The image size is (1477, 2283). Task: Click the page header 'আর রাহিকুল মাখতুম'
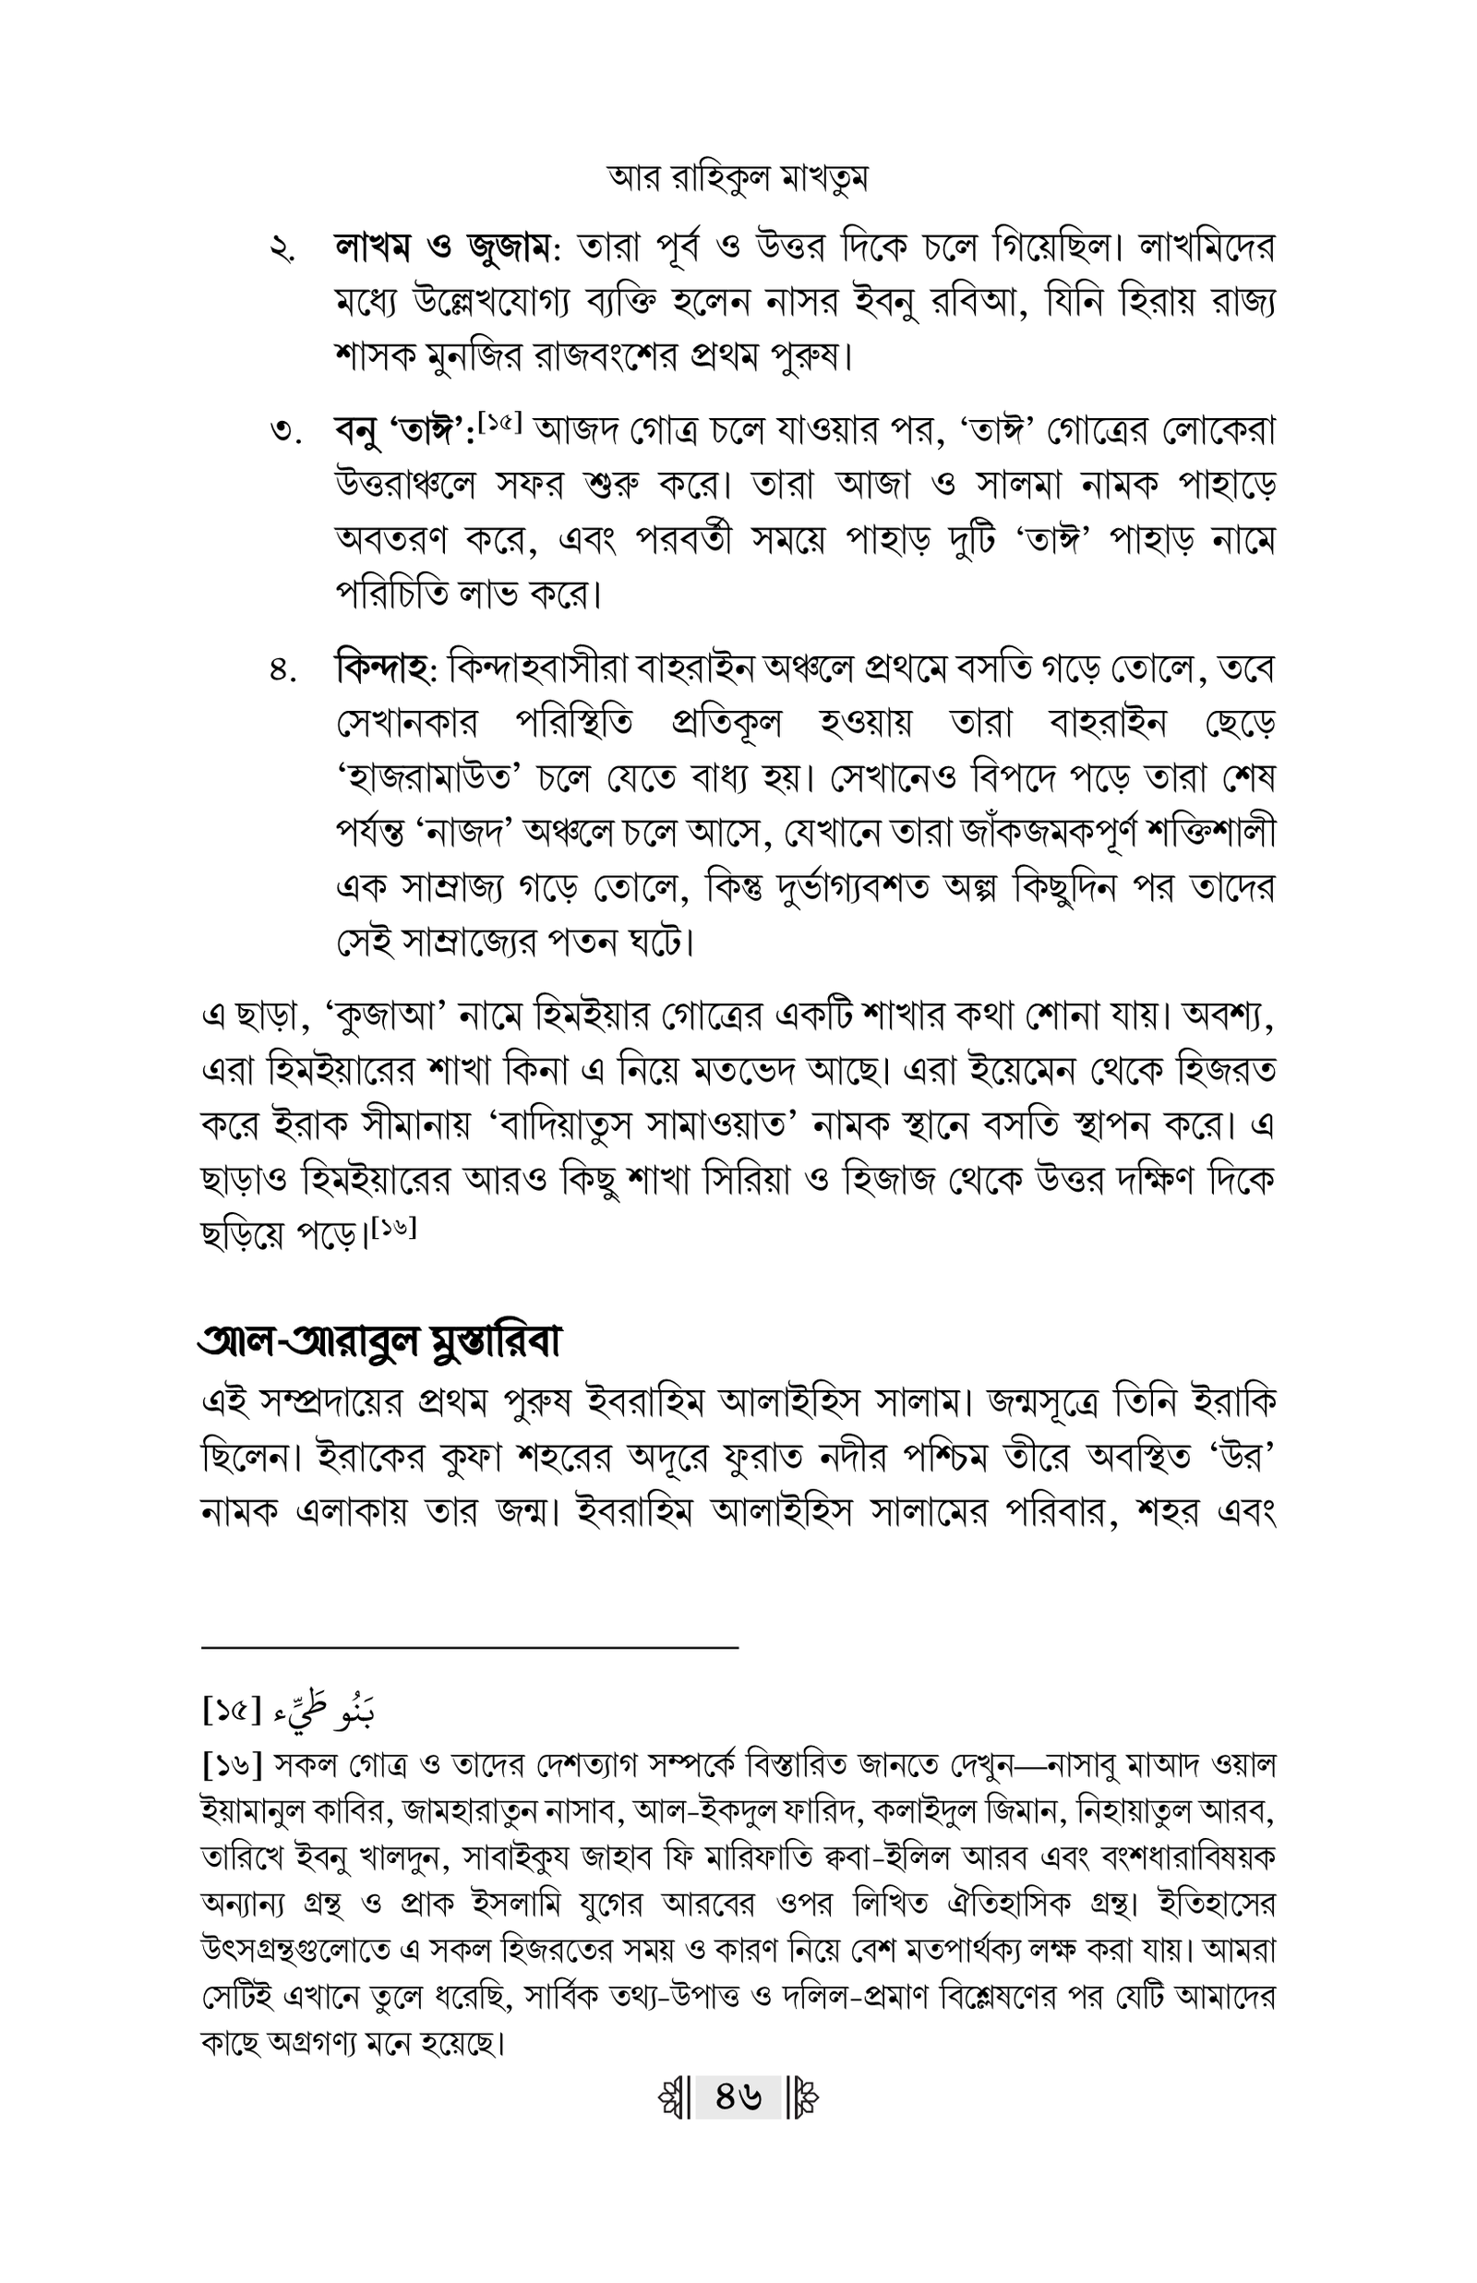[x=738, y=178]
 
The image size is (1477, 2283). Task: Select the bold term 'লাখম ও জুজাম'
[x=443, y=249]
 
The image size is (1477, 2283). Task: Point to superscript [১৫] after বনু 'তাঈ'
[x=498, y=422]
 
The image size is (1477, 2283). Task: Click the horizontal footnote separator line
[x=470, y=1647]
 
